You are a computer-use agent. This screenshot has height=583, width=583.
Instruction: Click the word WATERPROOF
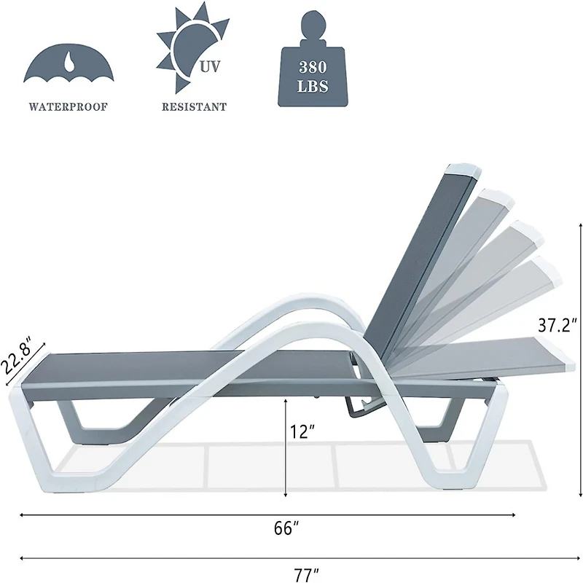68,106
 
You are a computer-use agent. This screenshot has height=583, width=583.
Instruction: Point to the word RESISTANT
194,106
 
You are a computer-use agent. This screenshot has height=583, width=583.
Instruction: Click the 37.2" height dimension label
557,325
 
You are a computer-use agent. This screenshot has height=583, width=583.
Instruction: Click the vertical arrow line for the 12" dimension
286,452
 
